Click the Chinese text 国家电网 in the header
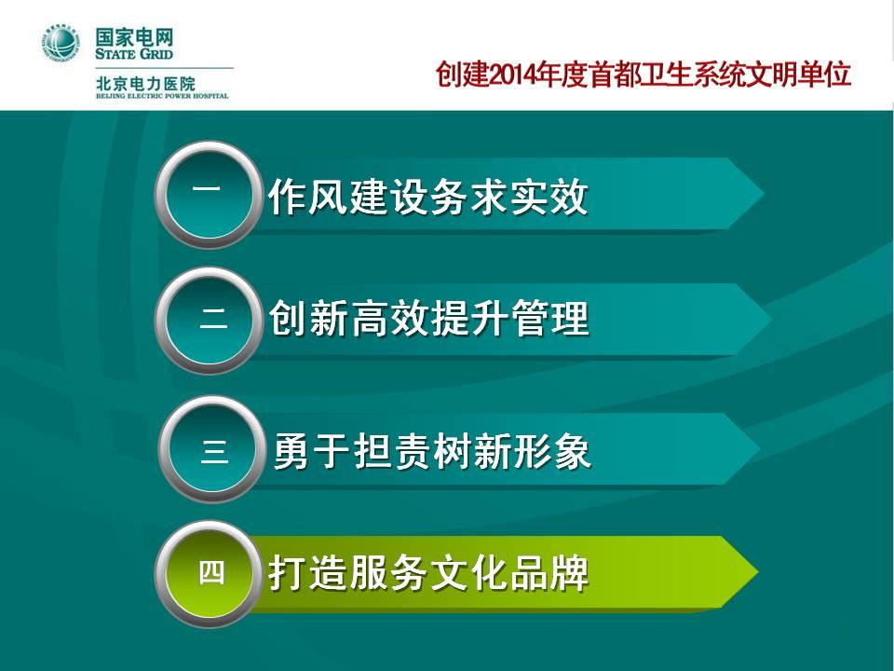134,37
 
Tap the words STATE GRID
134,54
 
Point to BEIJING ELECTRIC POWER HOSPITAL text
162,96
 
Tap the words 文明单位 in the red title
798,75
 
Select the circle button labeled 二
209,320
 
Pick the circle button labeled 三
212,449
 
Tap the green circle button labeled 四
209,573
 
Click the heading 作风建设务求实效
427,197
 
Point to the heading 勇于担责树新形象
431,450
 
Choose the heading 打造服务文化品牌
428,572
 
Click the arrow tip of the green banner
758,571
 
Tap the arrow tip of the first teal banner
763,194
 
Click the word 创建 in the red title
462,75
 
